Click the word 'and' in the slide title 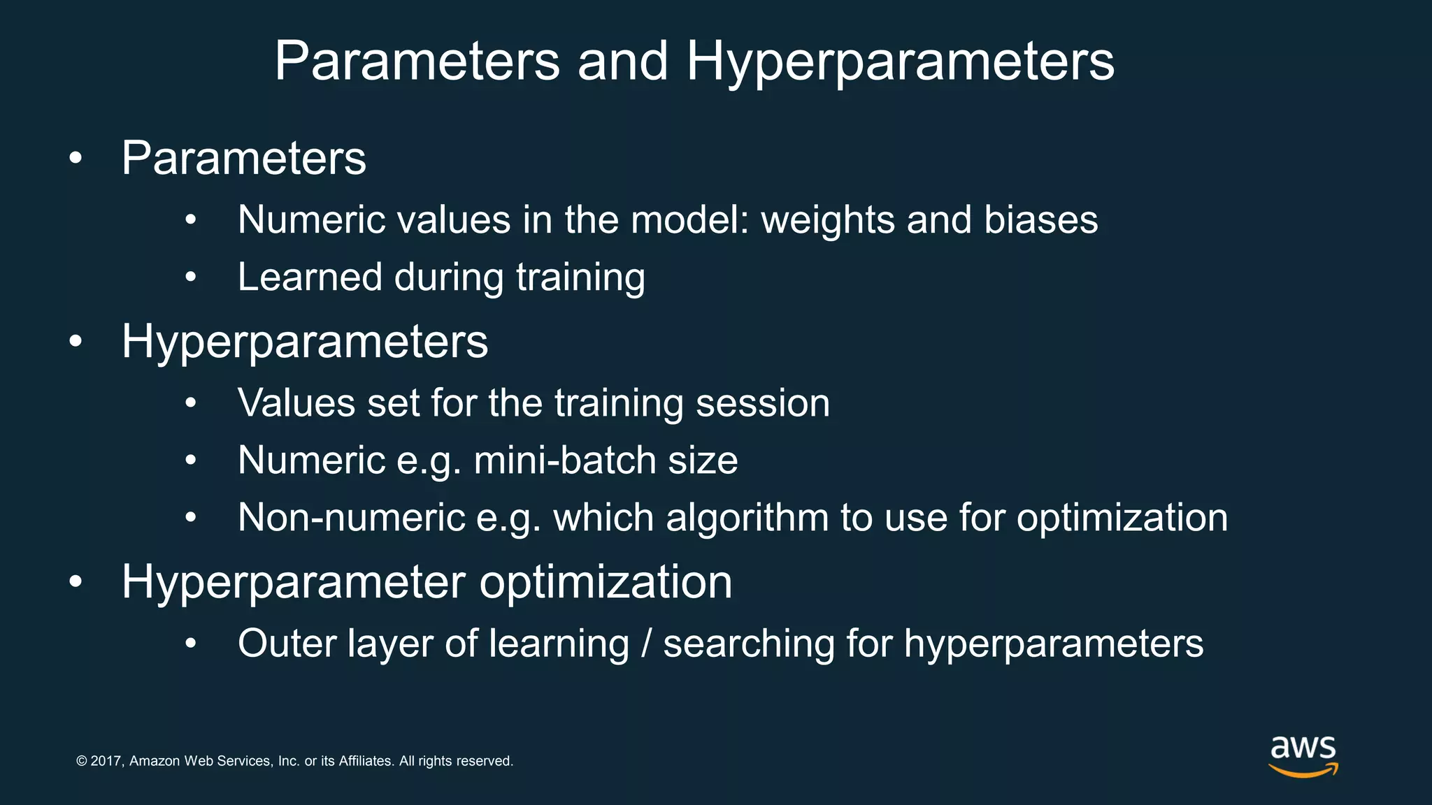[x=622, y=61]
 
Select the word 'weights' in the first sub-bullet [x=827, y=220]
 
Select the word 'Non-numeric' [x=351, y=518]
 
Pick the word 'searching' [x=748, y=645]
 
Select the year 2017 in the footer [x=107, y=761]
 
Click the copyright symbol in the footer [x=82, y=761]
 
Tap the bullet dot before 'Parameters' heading [x=76, y=159]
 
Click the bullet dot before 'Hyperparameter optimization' [x=76, y=582]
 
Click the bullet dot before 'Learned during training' [x=191, y=278]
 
